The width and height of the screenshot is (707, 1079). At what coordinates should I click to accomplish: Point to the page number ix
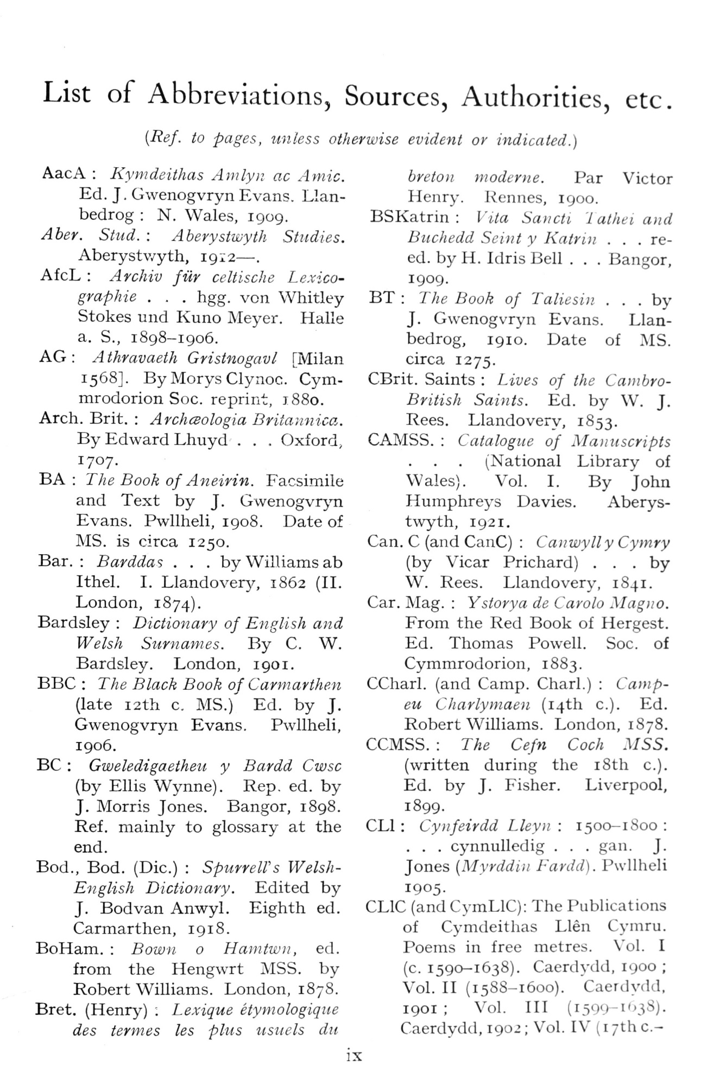pos(353,1055)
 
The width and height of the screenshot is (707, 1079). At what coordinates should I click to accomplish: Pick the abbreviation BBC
pos(56,683)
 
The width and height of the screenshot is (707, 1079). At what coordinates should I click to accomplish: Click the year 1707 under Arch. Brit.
pos(95,461)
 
